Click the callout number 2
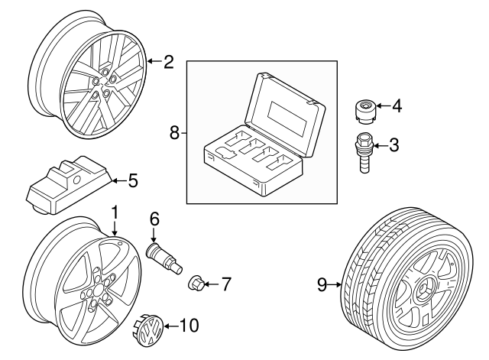[168, 61]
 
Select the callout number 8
[174, 133]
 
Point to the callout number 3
[393, 143]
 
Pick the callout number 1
[115, 210]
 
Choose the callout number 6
[154, 218]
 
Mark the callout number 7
[225, 285]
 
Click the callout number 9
[322, 286]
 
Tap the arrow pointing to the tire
[336, 286]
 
